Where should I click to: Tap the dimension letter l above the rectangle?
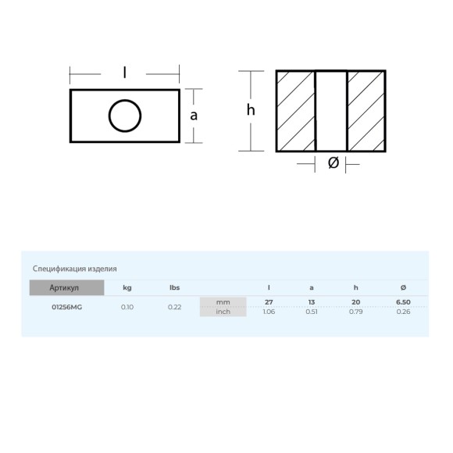tap(124, 72)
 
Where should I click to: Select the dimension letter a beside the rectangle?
tap(194, 116)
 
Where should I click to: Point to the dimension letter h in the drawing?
tap(251, 110)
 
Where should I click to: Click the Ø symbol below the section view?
tap(334, 163)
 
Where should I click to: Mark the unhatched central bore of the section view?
tap(331, 111)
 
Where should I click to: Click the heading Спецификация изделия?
tap(74, 269)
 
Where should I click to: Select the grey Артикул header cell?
tap(66, 287)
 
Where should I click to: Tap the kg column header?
tap(127, 287)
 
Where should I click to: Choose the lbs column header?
tap(174, 287)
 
